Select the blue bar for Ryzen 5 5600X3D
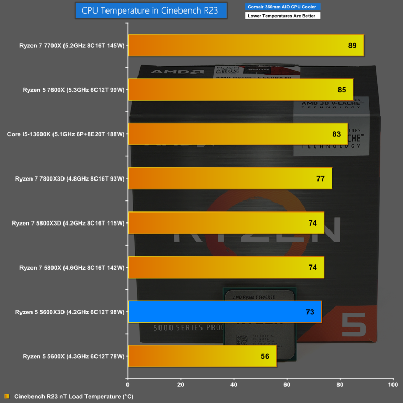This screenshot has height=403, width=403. (224, 312)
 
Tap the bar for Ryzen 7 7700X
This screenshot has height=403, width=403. (246, 45)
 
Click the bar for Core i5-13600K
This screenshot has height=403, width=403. (238, 134)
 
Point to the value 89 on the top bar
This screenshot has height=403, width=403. (352, 46)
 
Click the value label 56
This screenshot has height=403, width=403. (265, 357)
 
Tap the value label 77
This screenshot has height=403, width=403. (321, 179)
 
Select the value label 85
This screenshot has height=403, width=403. (342, 90)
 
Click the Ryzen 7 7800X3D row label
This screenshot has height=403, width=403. (70, 179)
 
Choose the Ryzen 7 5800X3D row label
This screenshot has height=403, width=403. (68, 224)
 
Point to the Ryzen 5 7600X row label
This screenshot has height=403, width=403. (73, 90)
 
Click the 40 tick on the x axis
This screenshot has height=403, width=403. (234, 385)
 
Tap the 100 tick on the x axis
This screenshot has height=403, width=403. (392, 385)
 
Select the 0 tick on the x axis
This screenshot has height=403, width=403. (128, 385)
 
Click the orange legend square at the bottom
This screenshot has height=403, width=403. (7, 396)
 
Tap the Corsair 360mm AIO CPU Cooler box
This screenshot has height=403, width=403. (282, 7)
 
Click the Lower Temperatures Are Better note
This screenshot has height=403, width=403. (282, 16)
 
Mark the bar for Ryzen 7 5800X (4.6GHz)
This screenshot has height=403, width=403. (226, 268)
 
